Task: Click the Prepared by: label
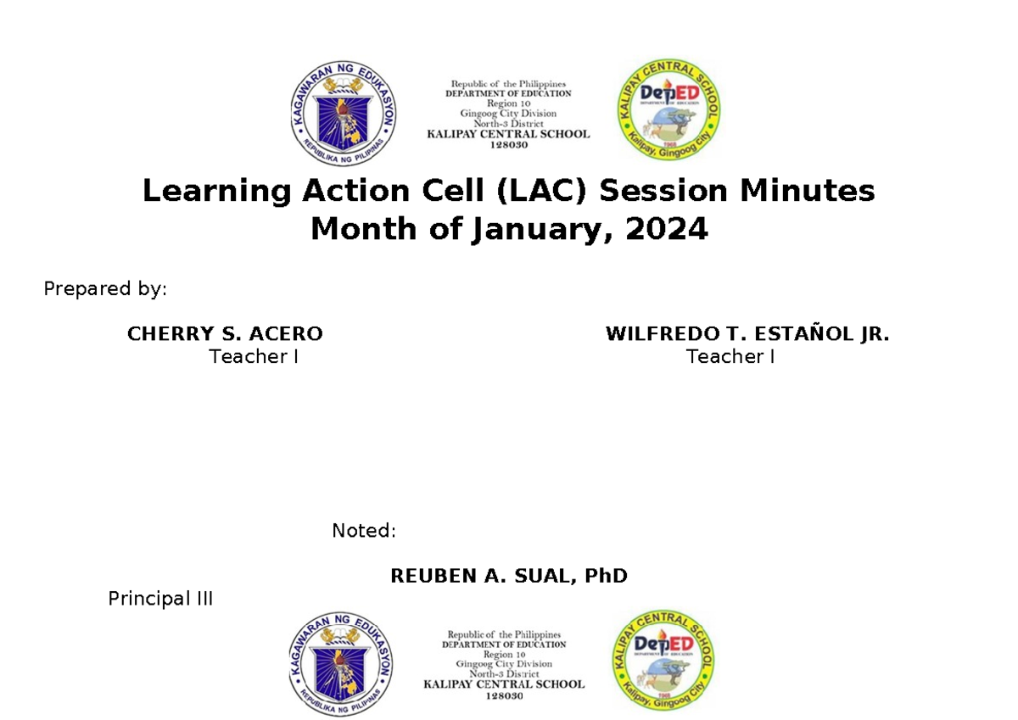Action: [x=105, y=289]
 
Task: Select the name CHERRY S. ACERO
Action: [x=225, y=334]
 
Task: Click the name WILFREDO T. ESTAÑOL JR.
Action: [x=747, y=334]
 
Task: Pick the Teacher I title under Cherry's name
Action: [x=254, y=357]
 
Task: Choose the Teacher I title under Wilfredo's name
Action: [x=730, y=357]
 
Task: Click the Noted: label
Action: [x=364, y=531]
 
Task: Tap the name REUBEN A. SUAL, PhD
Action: [x=508, y=577]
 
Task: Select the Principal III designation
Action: [x=160, y=599]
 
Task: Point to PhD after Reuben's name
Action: [x=607, y=577]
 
